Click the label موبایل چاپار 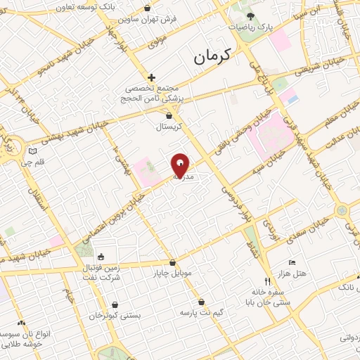coord(172,273)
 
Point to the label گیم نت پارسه coord(202,311)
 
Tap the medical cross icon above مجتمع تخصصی coord(151,77)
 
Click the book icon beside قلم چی coord(31,150)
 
